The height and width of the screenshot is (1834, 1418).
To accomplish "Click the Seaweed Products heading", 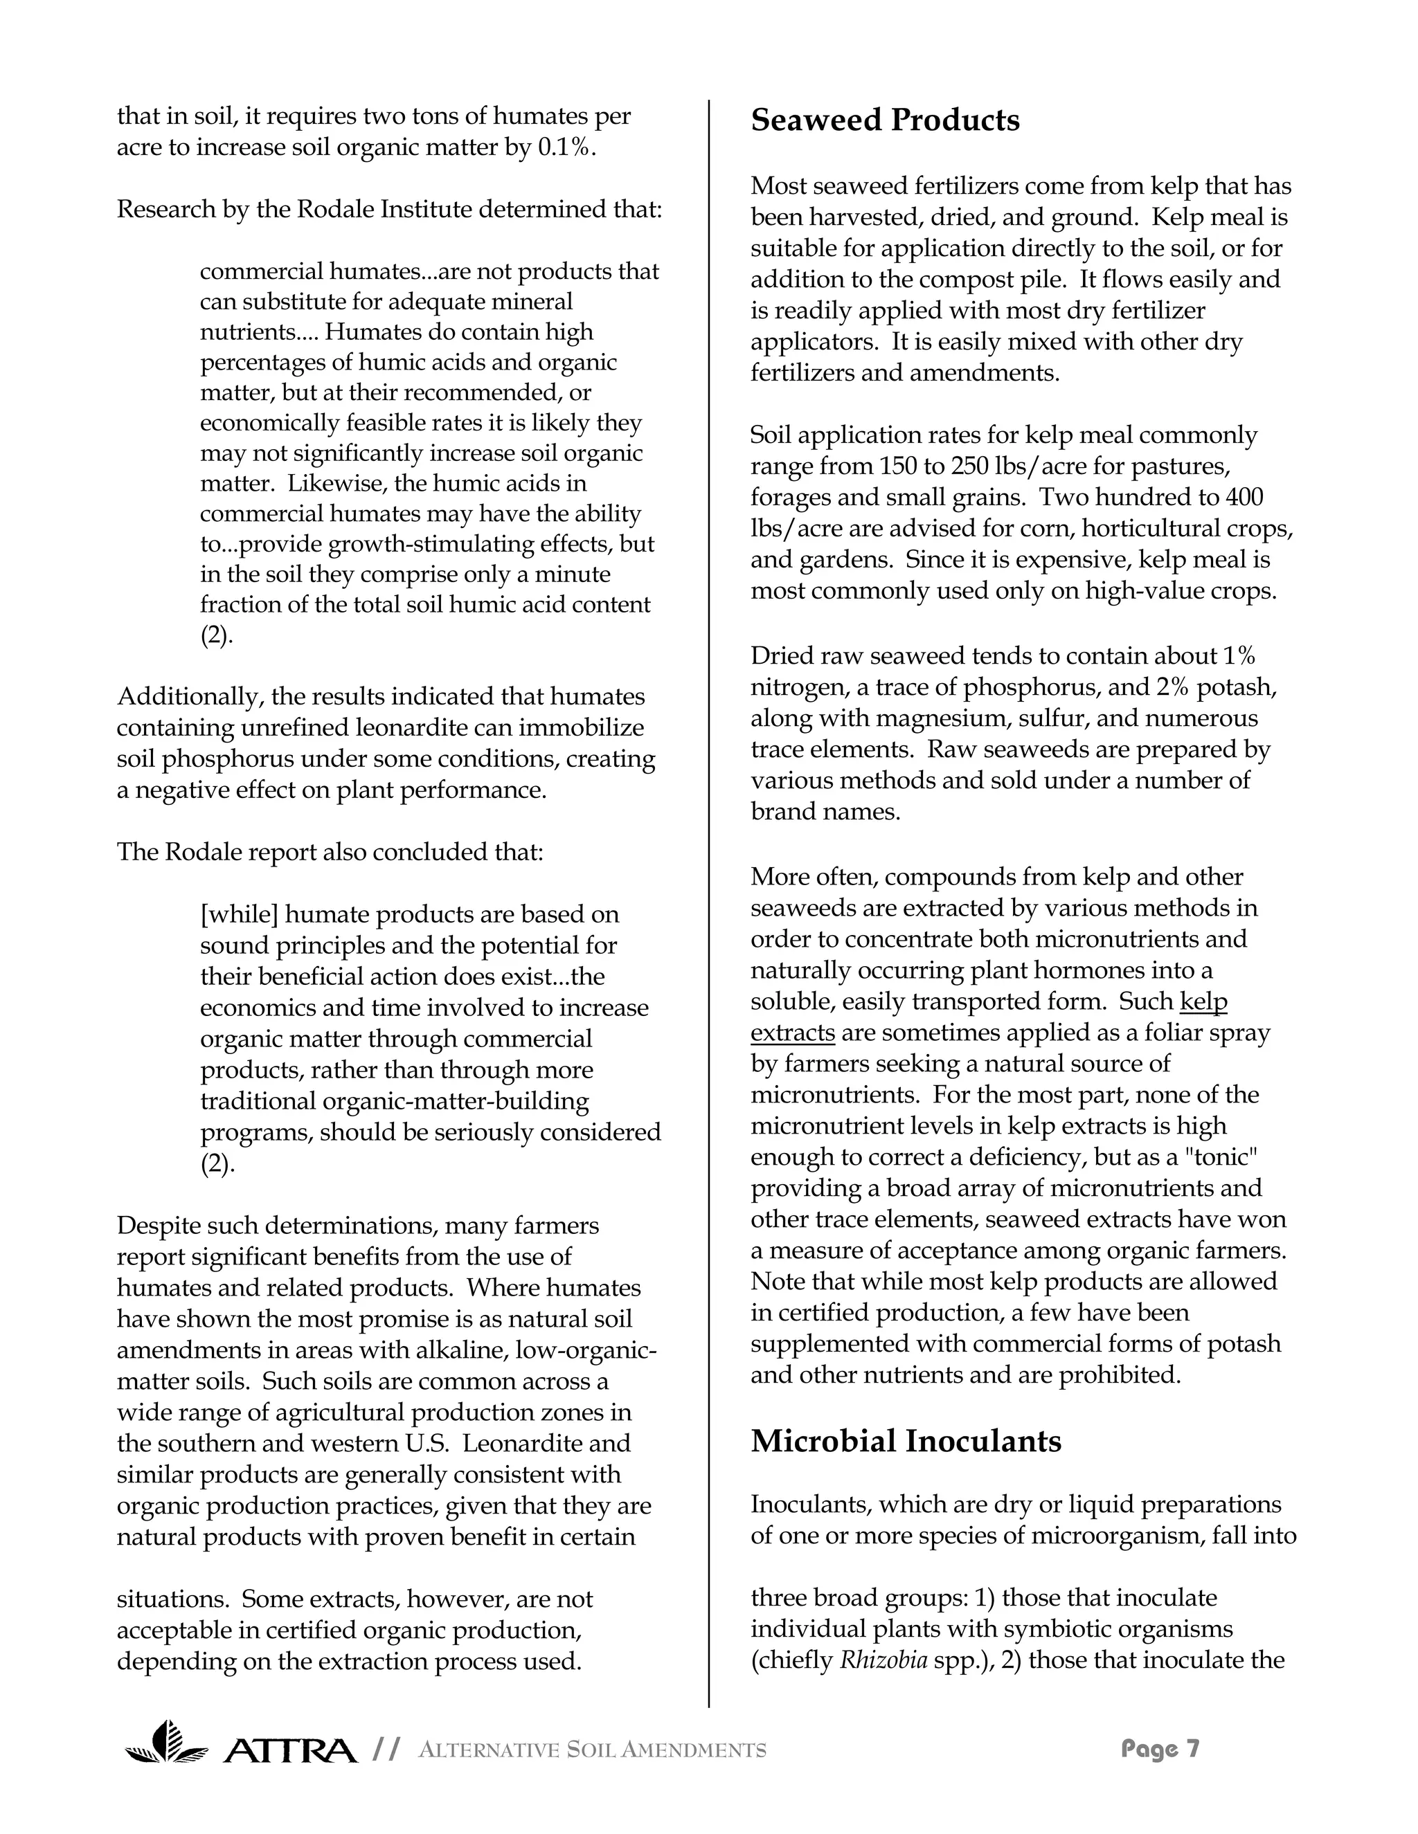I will tap(885, 120).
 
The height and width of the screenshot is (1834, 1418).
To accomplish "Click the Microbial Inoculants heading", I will tap(906, 1441).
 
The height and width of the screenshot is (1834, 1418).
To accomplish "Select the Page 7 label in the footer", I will tap(1160, 1748).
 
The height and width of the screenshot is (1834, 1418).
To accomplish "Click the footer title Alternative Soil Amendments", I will tap(591, 1750).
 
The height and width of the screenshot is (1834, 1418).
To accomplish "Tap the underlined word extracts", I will tap(792, 1032).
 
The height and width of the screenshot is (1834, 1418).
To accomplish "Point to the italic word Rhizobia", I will tap(883, 1660).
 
